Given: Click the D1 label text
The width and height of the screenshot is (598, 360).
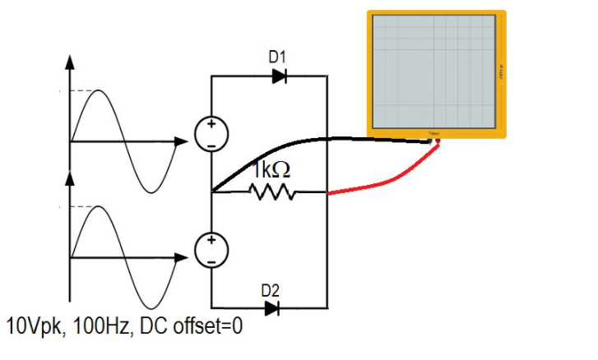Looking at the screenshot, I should pyautogui.click(x=277, y=58).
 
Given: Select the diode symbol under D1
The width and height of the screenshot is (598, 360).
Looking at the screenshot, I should pyautogui.click(x=279, y=76).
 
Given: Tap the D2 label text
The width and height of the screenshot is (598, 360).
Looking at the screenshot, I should pyautogui.click(x=270, y=290).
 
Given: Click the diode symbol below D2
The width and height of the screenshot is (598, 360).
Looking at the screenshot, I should pyautogui.click(x=271, y=309).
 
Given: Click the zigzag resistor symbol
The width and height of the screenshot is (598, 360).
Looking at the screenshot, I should pyautogui.click(x=271, y=192).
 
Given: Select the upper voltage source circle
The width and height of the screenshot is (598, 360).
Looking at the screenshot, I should pyautogui.click(x=211, y=134).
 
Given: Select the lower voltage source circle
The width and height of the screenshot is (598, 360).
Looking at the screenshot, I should pyautogui.click(x=211, y=250).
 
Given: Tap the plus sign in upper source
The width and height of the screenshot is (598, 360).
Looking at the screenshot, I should pyautogui.click(x=211, y=126).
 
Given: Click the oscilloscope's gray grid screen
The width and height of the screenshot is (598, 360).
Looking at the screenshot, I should pyautogui.click(x=433, y=72).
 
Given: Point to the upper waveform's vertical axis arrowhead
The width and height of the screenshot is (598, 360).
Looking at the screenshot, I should pyautogui.click(x=70, y=62).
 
